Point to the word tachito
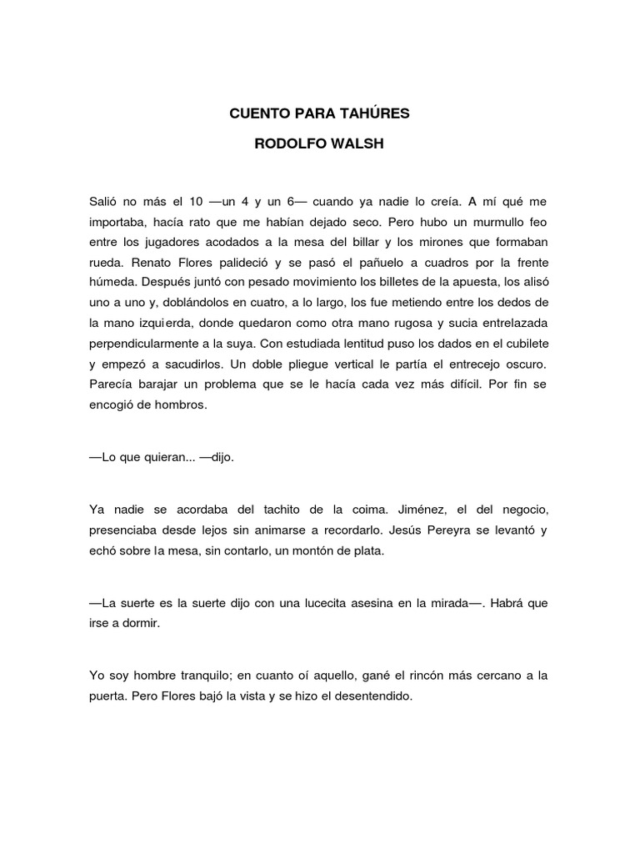tap(272, 510)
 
